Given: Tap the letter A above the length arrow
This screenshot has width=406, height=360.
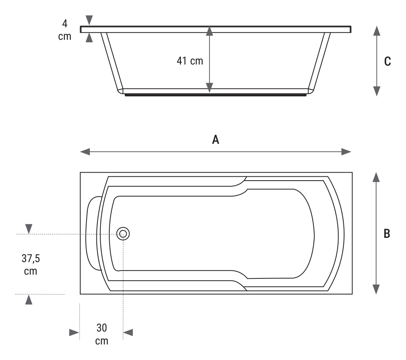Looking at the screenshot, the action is [x=216, y=140].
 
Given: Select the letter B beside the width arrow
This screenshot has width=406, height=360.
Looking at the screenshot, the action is [x=387, y=233].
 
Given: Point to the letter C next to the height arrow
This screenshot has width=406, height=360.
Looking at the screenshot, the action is [x=387, y=61].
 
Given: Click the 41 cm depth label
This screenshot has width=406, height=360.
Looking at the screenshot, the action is [x=190, y=61].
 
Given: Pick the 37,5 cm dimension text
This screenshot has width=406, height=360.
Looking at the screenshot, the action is [x=31, y=264].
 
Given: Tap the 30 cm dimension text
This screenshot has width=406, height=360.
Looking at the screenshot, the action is [x=102, y=334].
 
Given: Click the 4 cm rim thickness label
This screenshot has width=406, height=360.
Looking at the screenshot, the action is [x=65, y=30].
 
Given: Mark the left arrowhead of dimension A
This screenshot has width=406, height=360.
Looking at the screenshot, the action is [x=85, y=152].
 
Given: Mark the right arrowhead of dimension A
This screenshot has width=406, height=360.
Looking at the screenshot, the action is [x=346, y=152].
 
